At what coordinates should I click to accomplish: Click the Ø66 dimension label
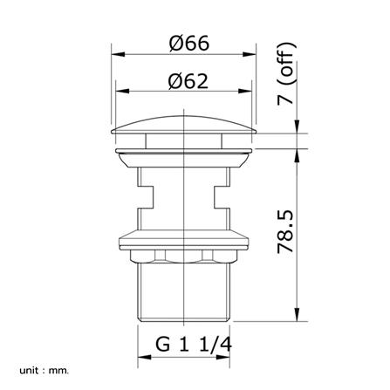pos(189,44)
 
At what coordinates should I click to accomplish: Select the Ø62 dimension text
pos(188,81)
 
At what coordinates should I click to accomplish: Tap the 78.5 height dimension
pos(285,232)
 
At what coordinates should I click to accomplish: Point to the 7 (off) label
pos(285,73)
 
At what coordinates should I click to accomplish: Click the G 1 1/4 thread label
pos(194,345)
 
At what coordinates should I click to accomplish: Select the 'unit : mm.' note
pos(44,371)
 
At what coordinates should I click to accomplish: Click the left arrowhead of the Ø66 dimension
pos(119,54)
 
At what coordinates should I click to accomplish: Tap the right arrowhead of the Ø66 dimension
pos(250,54)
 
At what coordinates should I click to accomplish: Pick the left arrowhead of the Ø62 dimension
pos(122,91)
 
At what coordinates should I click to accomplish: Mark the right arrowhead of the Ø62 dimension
pos(245,91)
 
